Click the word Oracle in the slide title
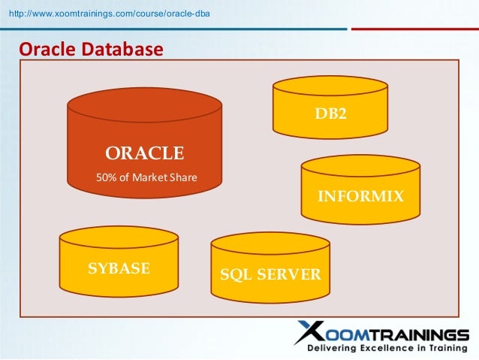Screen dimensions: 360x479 [x=48, y=50]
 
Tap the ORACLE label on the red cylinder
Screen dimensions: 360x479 [x=144, y=153]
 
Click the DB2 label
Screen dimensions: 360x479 [x=331, y=114]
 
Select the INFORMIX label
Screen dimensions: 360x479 [x=361, y=197]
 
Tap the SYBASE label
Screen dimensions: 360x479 [x=119, y=268]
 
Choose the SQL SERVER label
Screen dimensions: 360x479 [x=270, y=274]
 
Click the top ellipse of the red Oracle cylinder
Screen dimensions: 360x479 [x=144, y=105]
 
